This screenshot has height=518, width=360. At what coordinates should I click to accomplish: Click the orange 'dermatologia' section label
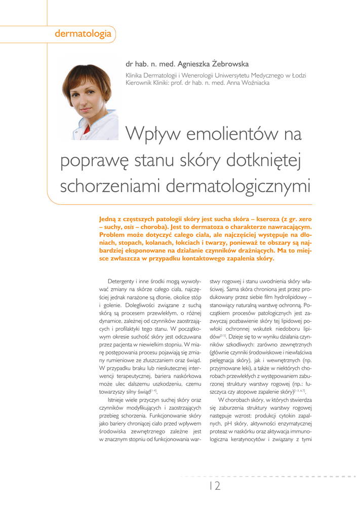pyautogui.click(x=83, y=34)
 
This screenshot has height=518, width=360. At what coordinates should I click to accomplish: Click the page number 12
pyautogui.click(x=215, y=486)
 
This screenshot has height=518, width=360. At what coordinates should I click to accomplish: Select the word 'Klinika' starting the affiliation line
pyautogui.click(x=137, y=75)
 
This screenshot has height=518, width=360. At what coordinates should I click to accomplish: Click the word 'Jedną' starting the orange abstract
pyautogui.click(x=109, y=220)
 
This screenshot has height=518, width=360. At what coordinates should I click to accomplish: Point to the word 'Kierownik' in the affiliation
pyautogui.click(x=140, y=83)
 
